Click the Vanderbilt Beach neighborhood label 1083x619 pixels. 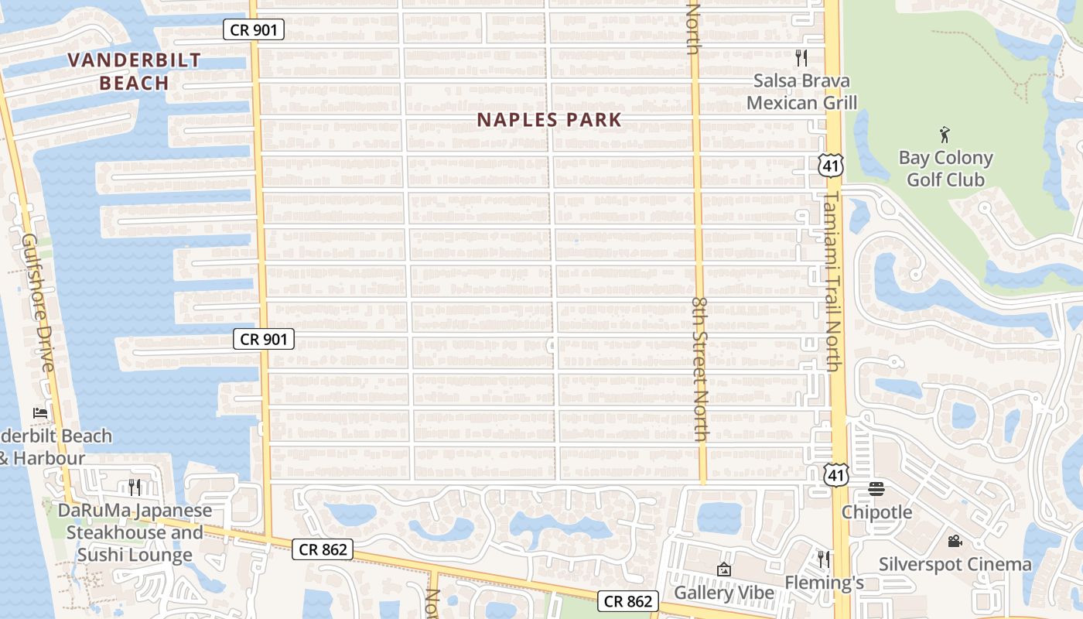(x=134, y=71)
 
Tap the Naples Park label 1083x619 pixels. (x=549, y=120)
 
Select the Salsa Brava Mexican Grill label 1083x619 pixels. (x=801, y=91)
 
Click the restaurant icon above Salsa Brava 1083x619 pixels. (x=801, y=58)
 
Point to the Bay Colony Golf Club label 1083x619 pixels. (x=945, y=169)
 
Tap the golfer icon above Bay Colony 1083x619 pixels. (x=945, y=135)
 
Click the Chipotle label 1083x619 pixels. (x=876, y=512)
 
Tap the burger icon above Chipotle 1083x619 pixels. (x=876, y=488)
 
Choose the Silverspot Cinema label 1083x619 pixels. (x=955, y=564)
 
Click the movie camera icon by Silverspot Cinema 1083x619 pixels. (x=955, y=541)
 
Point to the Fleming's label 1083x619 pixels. (x=824, y=583)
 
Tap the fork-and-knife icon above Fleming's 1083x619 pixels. (x=824, y=559)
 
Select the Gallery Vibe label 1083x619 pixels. (x=724, y=593)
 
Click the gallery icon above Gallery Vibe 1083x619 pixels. (x=724, y=569)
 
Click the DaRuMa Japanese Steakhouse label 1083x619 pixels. (x=135, y=533)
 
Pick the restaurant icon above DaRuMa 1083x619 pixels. (x=135, y=487)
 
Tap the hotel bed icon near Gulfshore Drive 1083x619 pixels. (x=40, y=412)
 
